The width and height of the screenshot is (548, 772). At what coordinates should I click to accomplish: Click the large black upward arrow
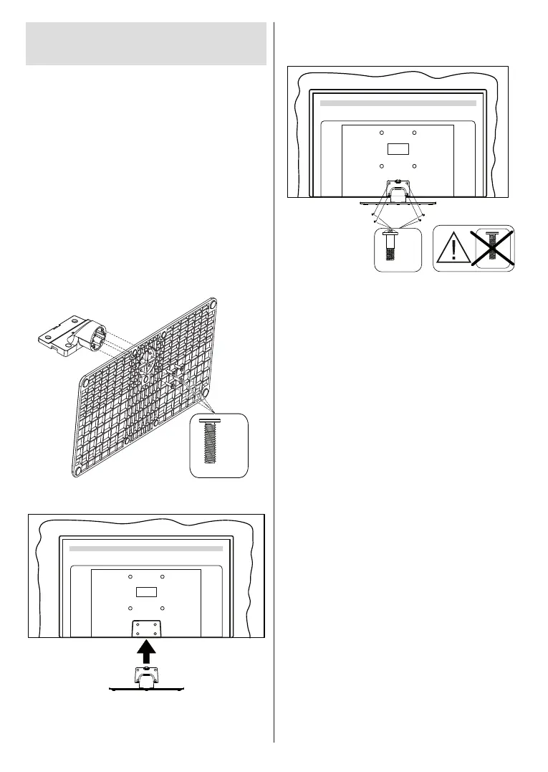[146, 653]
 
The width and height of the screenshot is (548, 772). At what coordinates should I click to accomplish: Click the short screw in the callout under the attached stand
[390, 248]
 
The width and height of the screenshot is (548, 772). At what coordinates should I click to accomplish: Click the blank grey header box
[146, 44]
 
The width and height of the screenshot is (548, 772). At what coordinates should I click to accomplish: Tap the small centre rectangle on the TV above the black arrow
[146, 592]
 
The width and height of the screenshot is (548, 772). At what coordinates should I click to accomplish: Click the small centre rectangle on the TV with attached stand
[398, 150]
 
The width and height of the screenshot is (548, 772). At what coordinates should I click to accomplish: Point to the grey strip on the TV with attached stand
[398, 103]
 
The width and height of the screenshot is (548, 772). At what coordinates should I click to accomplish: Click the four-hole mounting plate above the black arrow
[146, 627]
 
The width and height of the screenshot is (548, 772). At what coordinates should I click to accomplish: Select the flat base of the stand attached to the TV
[398, 194]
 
